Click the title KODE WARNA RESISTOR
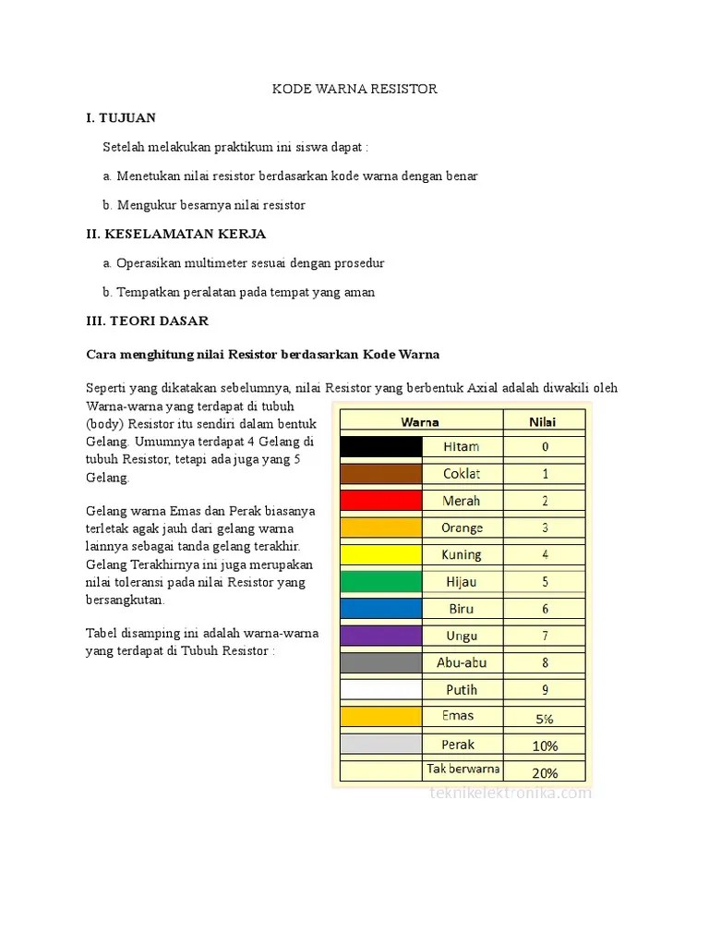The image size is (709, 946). pyautogui.click(x=354, y=89)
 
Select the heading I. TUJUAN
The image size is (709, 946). pyautogui.click(x=121, y=117)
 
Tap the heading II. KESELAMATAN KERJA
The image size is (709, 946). pyautogui.click(x=175, y=234)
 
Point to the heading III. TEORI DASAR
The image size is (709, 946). pyautogui.click(x=147, y=321)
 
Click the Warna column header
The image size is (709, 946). pyautogui.click(x=420, y=421)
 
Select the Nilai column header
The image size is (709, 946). pyautogui.click(x=543, y=421)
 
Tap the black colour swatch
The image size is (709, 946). pyautogui.click(x=380, y=447)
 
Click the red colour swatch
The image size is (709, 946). pyautogui.click(x=380, y=501)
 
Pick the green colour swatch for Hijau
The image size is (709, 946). pyautogui.click(x=380, y=582)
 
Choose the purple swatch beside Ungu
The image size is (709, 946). pyautogui.click(x=380, y=636)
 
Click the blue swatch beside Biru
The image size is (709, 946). pyautogui.click(x=380, y=609)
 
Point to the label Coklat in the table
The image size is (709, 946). pyautogui.click(x=462, y=474)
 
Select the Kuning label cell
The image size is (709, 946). pyautogui.click(x=462, y=555)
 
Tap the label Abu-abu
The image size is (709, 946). pyautogui.click(x=462, y=662)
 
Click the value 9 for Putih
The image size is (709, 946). pyautogui.click(x=545, y=689)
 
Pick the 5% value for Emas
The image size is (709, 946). pyautogui.click(x=545, y=718)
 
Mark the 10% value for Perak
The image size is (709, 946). pyautogui.click(x=545, y=746)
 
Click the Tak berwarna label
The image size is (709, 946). pyautogui.click(x=463, y=769)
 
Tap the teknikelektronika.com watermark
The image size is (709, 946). pyautogui.click(x=511, y=793)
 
